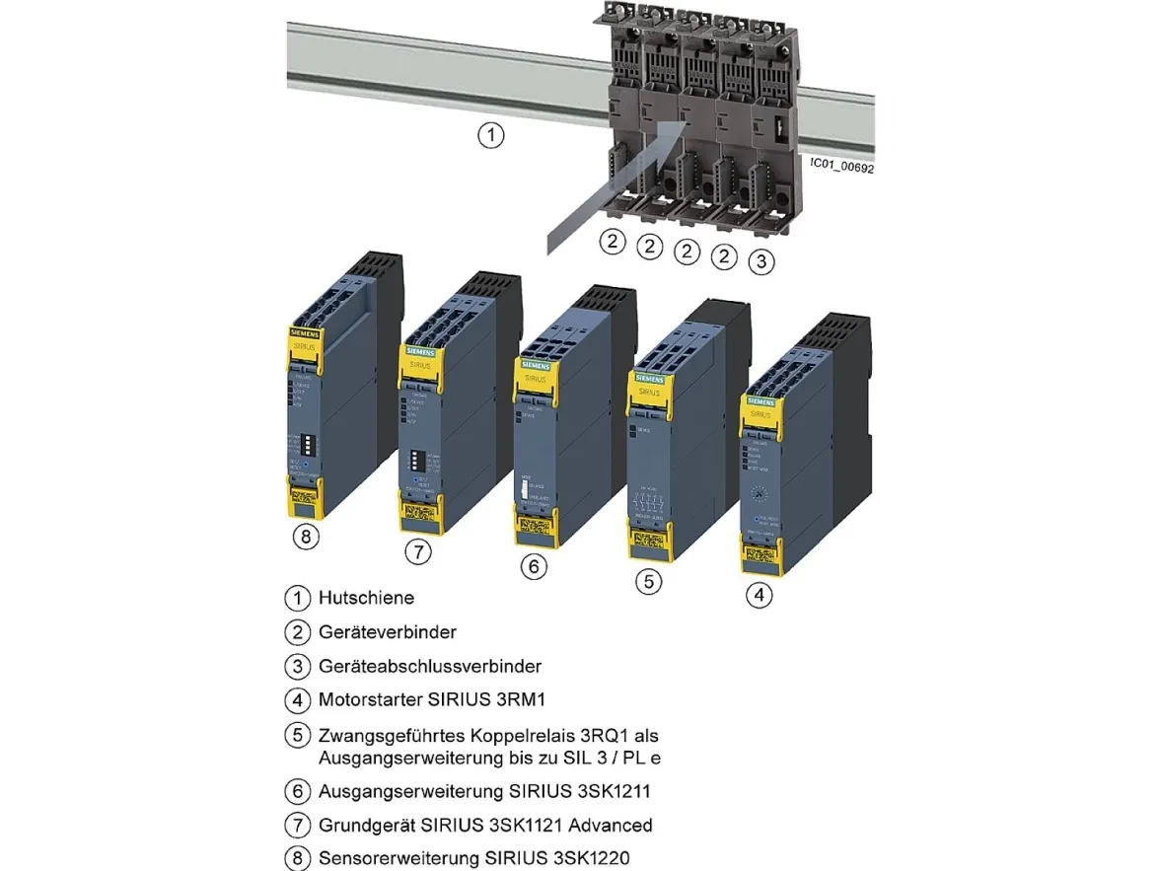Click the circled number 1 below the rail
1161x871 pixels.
coord(490,135)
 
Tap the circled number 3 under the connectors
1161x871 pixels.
coord(761,261)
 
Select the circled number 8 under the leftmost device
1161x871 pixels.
coord(308,538)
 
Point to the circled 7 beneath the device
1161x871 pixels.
coord(420,552)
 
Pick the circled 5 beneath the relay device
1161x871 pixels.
coord(647,581)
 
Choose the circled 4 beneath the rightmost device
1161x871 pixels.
coord(759,595)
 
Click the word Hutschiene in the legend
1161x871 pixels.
coord(366,598)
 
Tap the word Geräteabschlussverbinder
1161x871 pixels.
coord(430,667)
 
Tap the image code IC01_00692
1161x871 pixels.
coord(841,167)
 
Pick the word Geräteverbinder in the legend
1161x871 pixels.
coord(388,631)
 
